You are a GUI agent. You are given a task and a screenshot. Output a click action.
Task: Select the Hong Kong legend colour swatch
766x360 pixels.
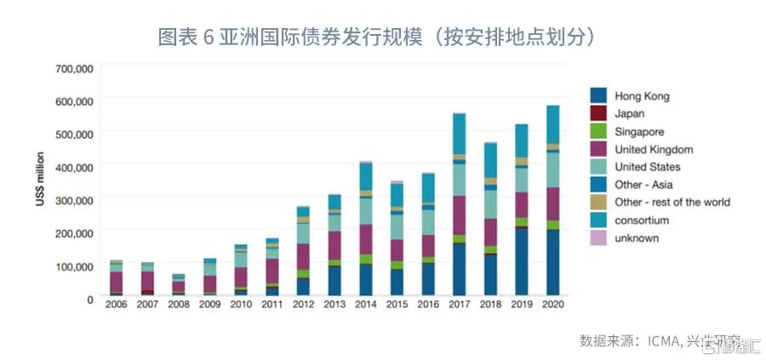pyautogui.click(x=599, y=96)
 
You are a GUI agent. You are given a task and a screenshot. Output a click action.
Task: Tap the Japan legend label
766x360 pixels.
pyautogui.click(x=629, y=114)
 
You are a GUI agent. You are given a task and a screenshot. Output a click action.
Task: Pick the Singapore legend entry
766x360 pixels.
pyautogui.click(x=638, y=132)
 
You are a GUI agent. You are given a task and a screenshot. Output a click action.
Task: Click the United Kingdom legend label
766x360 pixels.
pyautogui.click(x=653, y=150)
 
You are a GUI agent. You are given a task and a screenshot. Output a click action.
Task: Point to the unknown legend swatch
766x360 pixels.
pyautogui.click(x=599, y=238)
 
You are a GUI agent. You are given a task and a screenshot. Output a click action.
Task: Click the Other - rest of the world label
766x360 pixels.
pyautogui.click(x=672, y=203)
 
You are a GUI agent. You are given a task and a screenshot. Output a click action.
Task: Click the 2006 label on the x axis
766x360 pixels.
pyautogui.click(x=117, y=304)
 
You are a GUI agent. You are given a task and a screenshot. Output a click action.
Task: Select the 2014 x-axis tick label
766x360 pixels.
pyautogui.click(x=366, y=304)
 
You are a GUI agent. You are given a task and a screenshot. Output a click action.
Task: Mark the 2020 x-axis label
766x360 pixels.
pyautogui.click(x=553, y=304)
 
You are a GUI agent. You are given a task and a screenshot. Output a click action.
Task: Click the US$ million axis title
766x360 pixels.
pyautogui.click(x=40, y=183)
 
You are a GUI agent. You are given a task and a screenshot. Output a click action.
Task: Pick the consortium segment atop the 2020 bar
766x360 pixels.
pyautogui.click(x=553, y=124)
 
